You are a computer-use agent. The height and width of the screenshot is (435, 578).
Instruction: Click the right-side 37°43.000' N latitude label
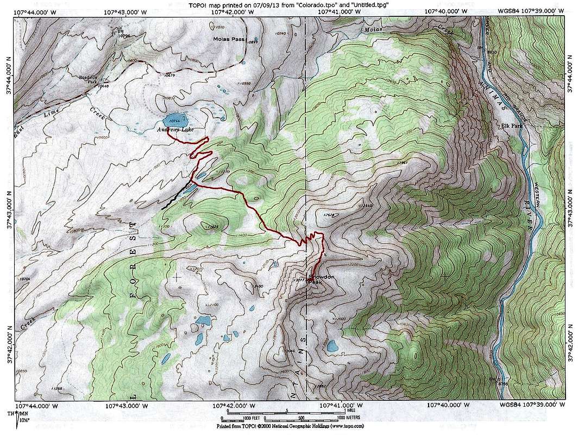point(570,208)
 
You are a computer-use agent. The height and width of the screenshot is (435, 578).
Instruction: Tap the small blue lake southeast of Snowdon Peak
point(332,345)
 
